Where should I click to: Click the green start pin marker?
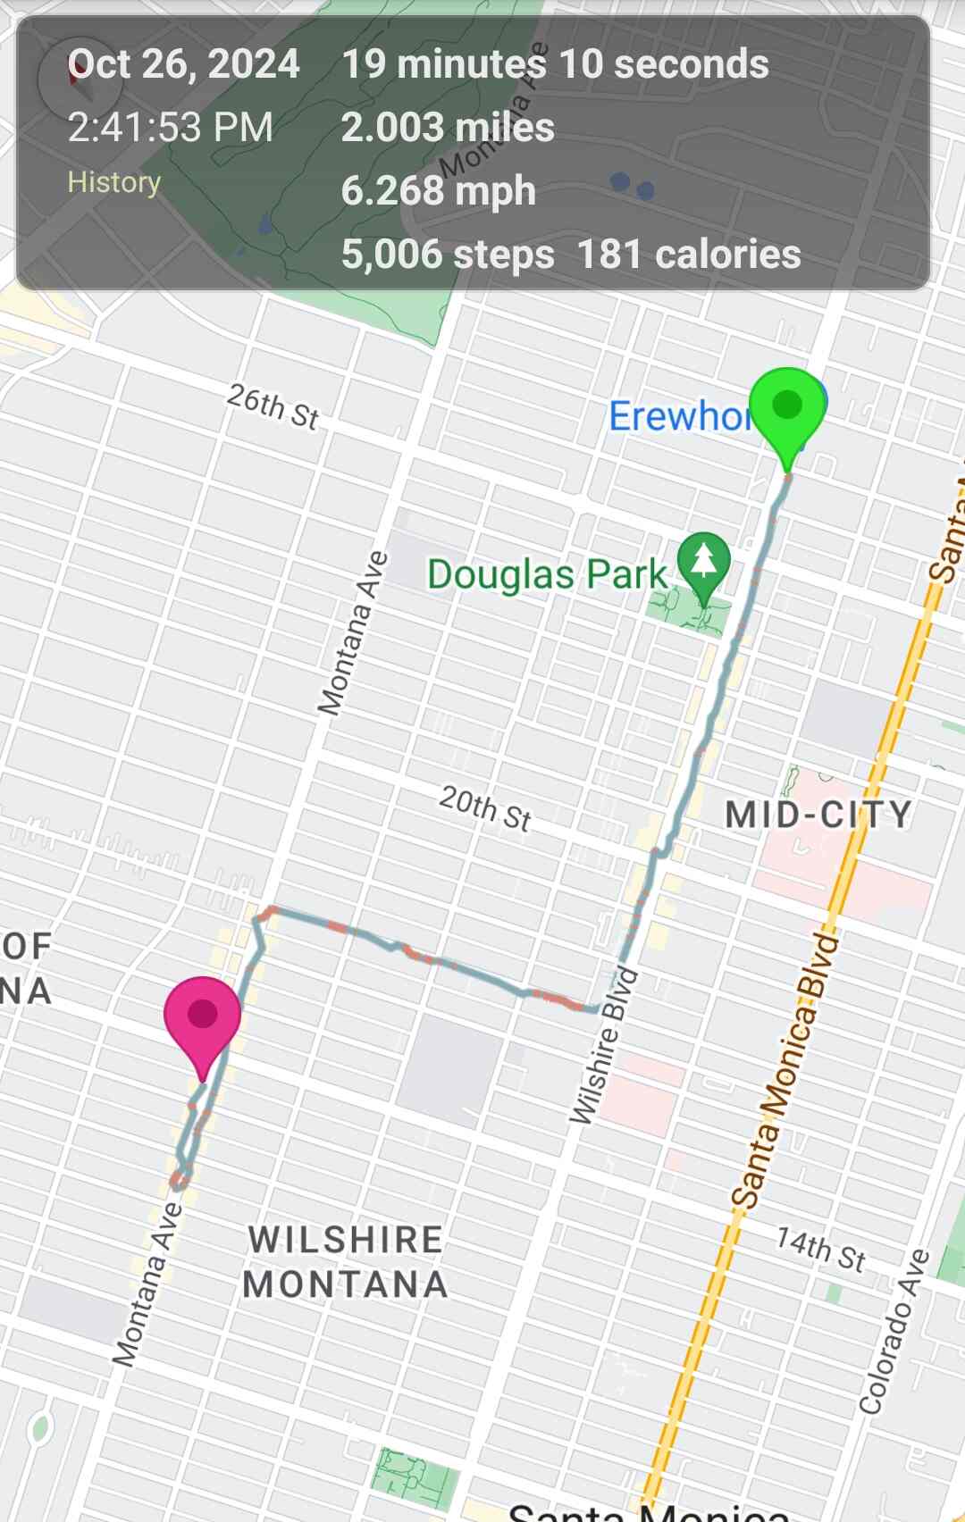click(786, 407)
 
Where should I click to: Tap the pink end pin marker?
click(203, 1016)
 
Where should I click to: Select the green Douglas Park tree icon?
click(704, 562)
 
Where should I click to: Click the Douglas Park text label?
click(547, 574)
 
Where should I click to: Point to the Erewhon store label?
click(679, 416)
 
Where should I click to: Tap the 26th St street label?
click(273, 407)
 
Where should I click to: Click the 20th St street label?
click(485, 808)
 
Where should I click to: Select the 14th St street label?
click(819, 1249)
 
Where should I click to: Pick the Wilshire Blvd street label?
click(605, 1046)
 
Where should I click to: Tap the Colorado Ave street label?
click(894, 1332)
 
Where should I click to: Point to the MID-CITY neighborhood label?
click(818, 815)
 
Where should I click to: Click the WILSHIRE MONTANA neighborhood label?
click(346, 1262)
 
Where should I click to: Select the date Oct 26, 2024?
click(184, 64)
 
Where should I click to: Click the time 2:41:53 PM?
click(171, 128)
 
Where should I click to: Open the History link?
click(114, 182)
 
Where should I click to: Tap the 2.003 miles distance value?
click(448, 128)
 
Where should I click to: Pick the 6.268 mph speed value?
click(438, 191)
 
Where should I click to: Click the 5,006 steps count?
click(448, 255)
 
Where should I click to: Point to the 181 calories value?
click(689, 255)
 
